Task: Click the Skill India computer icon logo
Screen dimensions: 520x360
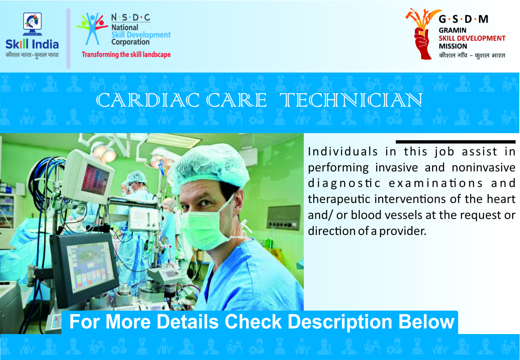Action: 32,24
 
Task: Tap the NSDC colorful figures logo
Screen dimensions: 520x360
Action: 92,29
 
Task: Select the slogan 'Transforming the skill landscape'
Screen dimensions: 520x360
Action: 126,55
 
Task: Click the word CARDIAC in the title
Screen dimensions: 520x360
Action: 147,100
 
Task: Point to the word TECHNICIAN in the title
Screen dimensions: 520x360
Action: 351,100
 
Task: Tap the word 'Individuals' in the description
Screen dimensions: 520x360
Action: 343,152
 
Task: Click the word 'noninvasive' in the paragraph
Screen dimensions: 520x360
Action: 484,167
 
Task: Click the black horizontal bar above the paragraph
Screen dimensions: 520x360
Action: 456,141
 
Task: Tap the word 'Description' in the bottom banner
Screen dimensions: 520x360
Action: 340,322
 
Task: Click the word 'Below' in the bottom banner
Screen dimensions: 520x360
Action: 426,322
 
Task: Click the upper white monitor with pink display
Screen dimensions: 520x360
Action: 90,176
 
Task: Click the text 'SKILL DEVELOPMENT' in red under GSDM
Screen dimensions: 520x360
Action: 472,38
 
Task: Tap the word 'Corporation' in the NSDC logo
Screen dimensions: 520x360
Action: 130,42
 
